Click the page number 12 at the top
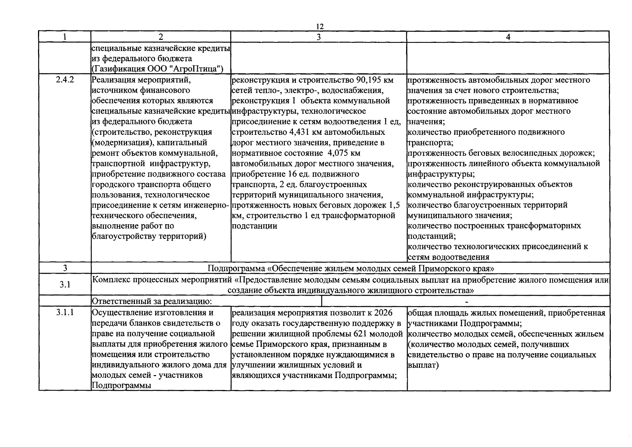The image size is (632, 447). [320, 26]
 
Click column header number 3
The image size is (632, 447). [318, 37]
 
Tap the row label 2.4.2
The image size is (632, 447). [65, 80]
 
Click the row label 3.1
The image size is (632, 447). [65, 285]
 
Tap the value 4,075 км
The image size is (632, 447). [344, 153]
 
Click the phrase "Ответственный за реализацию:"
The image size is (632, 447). [152, 301]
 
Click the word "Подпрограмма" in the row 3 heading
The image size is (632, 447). [237, 268]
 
